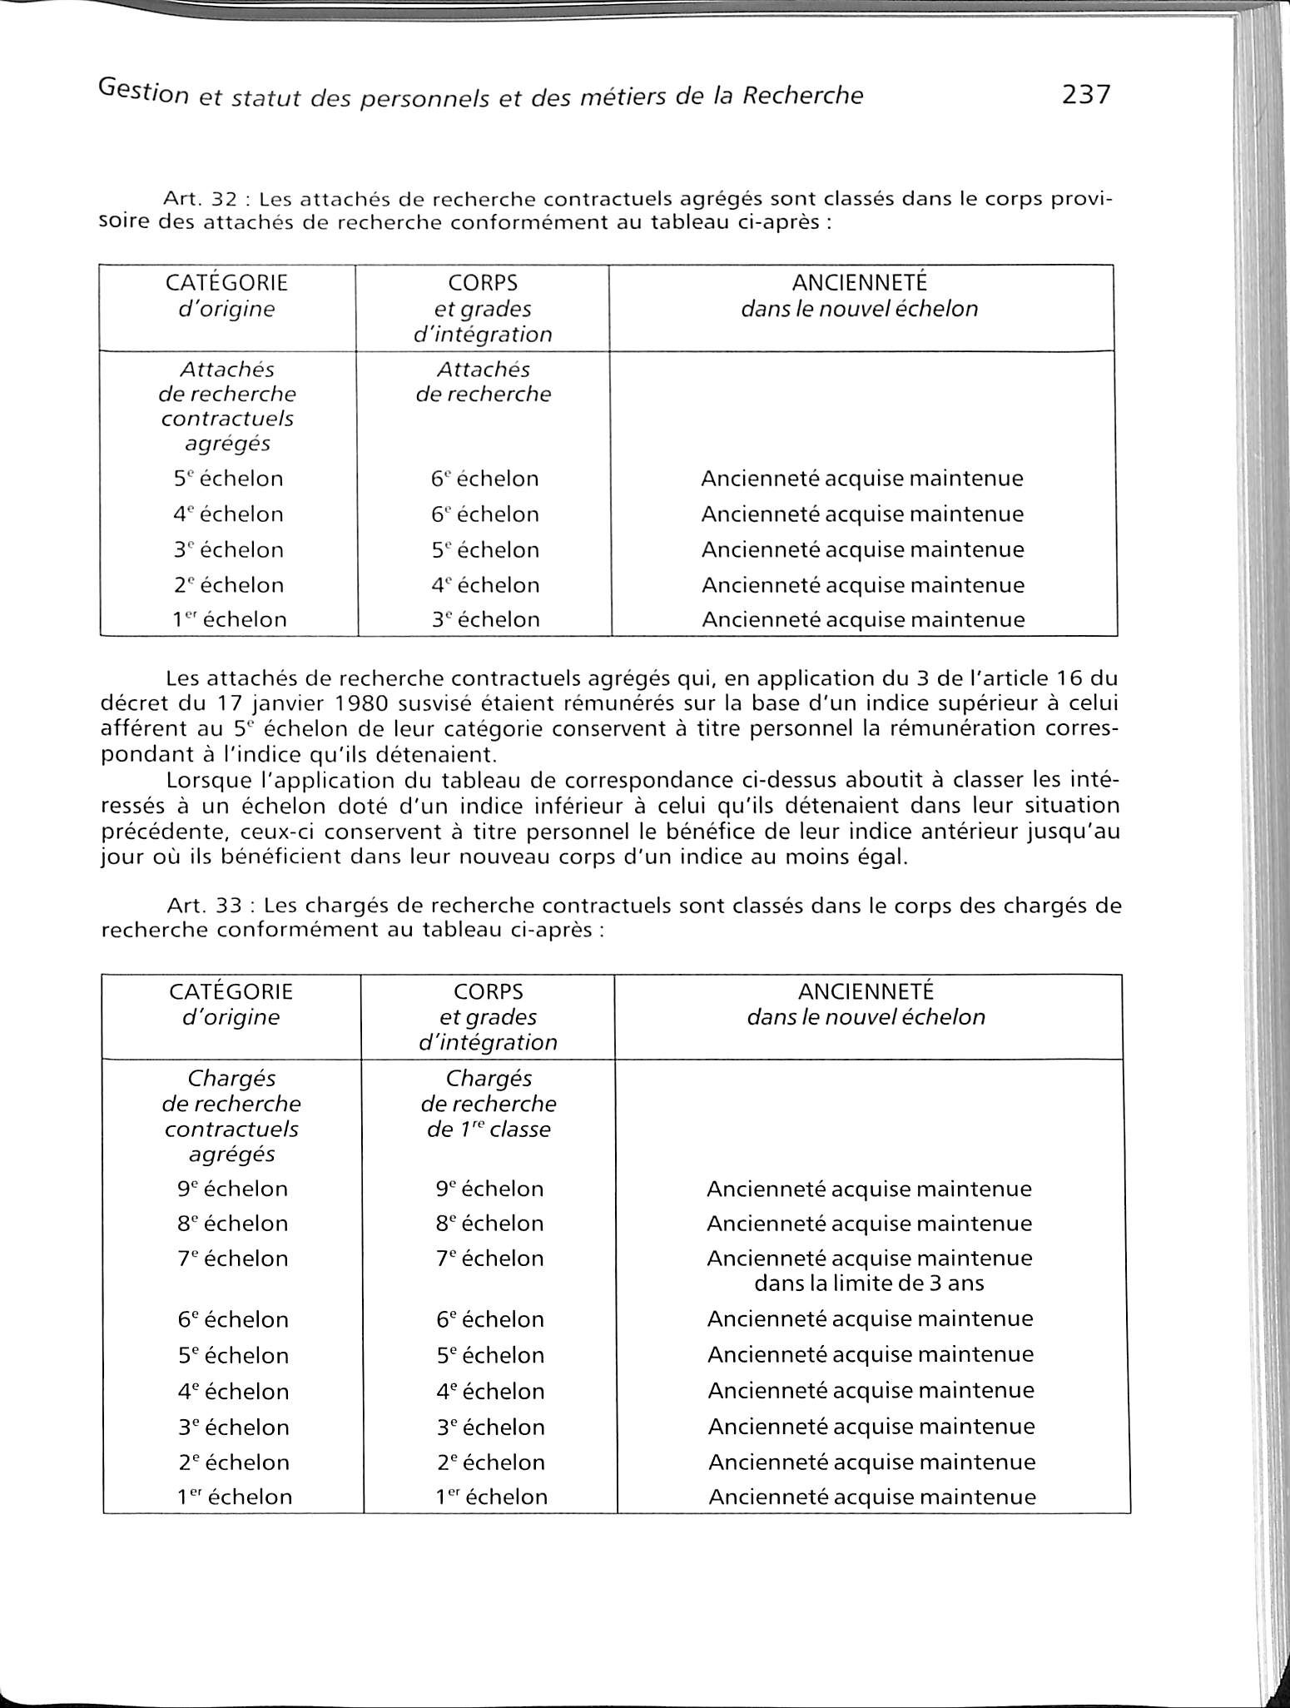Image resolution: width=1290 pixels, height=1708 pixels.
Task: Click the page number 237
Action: [1086, 94]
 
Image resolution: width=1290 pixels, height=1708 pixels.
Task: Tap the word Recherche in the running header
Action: [802, 96]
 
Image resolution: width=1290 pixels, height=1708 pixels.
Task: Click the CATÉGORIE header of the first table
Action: [227, 283]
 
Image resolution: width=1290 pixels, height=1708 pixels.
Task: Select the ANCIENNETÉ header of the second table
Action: [866, 991]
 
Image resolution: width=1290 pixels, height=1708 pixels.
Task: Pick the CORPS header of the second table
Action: [489, 991]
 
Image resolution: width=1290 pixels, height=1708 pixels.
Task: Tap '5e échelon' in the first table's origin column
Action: [229, 479]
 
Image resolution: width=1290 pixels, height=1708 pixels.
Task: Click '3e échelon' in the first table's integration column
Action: [485, 619]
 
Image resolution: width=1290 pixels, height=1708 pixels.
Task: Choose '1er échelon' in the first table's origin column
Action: [231, 619]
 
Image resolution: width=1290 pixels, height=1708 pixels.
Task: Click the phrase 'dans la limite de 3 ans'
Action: [869, 1283]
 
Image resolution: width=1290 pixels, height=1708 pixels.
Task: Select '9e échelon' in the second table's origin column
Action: [233, 1189]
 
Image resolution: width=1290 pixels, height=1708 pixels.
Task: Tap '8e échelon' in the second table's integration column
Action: [489, 1224]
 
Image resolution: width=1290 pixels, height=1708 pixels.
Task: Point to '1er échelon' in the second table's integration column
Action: [491, 1497]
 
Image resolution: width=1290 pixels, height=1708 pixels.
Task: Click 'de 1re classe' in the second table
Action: [489, 1130]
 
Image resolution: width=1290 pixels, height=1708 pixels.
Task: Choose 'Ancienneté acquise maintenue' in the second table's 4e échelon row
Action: [871, 1391]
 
